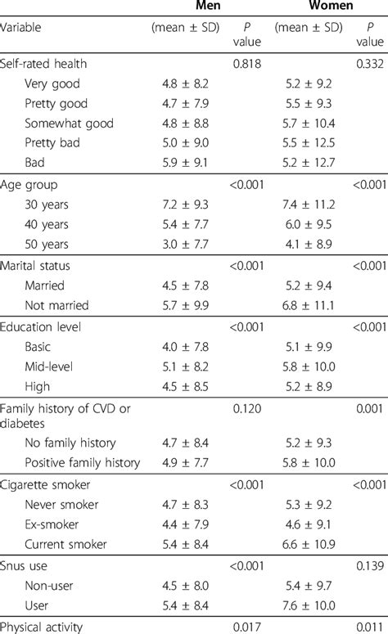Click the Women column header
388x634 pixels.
(308, 6)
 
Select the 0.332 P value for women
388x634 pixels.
(369, 63)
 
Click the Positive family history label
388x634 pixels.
(83, 462)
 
